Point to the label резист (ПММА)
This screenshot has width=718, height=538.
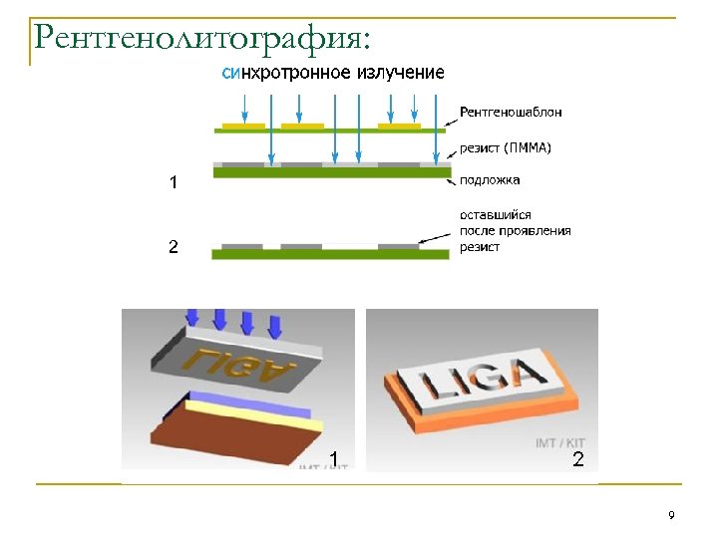tap(506, 147)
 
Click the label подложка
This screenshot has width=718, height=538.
tap(489, 180)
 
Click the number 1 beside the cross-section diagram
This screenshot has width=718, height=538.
tap(174, 182)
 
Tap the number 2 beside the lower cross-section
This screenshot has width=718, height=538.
tap(174, 246)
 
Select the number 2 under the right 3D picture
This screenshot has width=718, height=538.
tap(577, 459)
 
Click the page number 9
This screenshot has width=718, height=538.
tap(671, 515)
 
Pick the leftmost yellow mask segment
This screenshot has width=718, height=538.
tap(243, 126)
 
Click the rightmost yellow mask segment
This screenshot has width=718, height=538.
tap(399, 126)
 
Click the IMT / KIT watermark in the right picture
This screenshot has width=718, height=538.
tap(560, 441)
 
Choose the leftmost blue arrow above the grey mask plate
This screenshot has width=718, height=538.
tap(192, 317)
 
